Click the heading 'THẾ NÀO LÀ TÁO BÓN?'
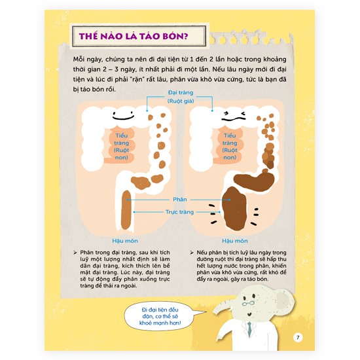134,36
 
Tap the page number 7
298,337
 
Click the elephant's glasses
249,303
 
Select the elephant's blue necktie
249,329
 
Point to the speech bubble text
160,316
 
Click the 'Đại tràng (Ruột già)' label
181,97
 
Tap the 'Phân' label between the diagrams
180,199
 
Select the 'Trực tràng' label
179,212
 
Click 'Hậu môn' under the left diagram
125,241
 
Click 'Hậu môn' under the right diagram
234,241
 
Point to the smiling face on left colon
123,115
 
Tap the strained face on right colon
234,117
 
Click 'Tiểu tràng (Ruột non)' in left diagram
122,147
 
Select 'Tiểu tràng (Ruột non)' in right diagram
230,147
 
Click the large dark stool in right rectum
234,208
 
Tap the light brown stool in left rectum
126,210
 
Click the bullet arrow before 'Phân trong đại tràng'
75,253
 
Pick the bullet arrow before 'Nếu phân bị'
192,253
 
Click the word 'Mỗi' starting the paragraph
78,59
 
